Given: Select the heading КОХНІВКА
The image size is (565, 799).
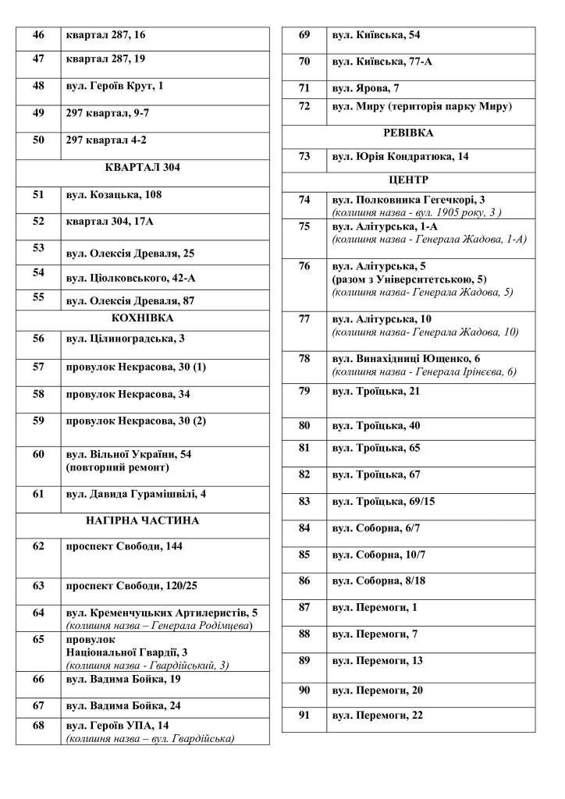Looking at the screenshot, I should (x=143, y=318).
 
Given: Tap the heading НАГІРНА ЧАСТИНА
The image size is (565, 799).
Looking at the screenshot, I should (x=143, y=520).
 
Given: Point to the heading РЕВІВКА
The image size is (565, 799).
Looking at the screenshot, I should (x=408, y=133).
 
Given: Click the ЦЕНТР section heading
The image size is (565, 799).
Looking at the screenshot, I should (x=408, y=180).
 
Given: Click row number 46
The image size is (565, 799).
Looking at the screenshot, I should (x=38, y=36).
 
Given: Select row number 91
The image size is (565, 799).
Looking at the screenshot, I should (x=304, y=716).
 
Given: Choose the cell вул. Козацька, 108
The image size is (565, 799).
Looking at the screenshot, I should (x=114, y=195).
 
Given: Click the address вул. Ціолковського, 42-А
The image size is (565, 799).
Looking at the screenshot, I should (x=130, y=278).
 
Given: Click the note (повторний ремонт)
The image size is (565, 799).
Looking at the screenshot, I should (x=117, y=468).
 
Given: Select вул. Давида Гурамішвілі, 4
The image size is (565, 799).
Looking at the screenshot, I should (x=136, y=495).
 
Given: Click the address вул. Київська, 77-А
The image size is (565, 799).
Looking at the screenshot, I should (x=382, y=62).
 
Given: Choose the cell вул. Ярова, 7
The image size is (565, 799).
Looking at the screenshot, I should (x=365, y=88).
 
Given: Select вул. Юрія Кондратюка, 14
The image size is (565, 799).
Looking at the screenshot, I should (x=400, y=157).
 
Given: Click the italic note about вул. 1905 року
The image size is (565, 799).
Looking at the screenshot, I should (x=417, y=212).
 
